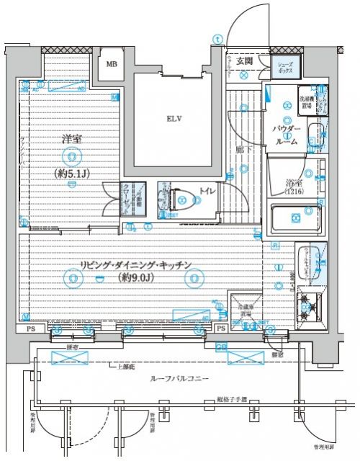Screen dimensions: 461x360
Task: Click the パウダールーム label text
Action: point(285,135)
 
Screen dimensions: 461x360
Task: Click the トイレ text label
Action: point(206,191)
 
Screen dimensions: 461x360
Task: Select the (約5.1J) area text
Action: point(72,173)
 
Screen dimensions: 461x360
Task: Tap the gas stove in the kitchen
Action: point(311,305)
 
